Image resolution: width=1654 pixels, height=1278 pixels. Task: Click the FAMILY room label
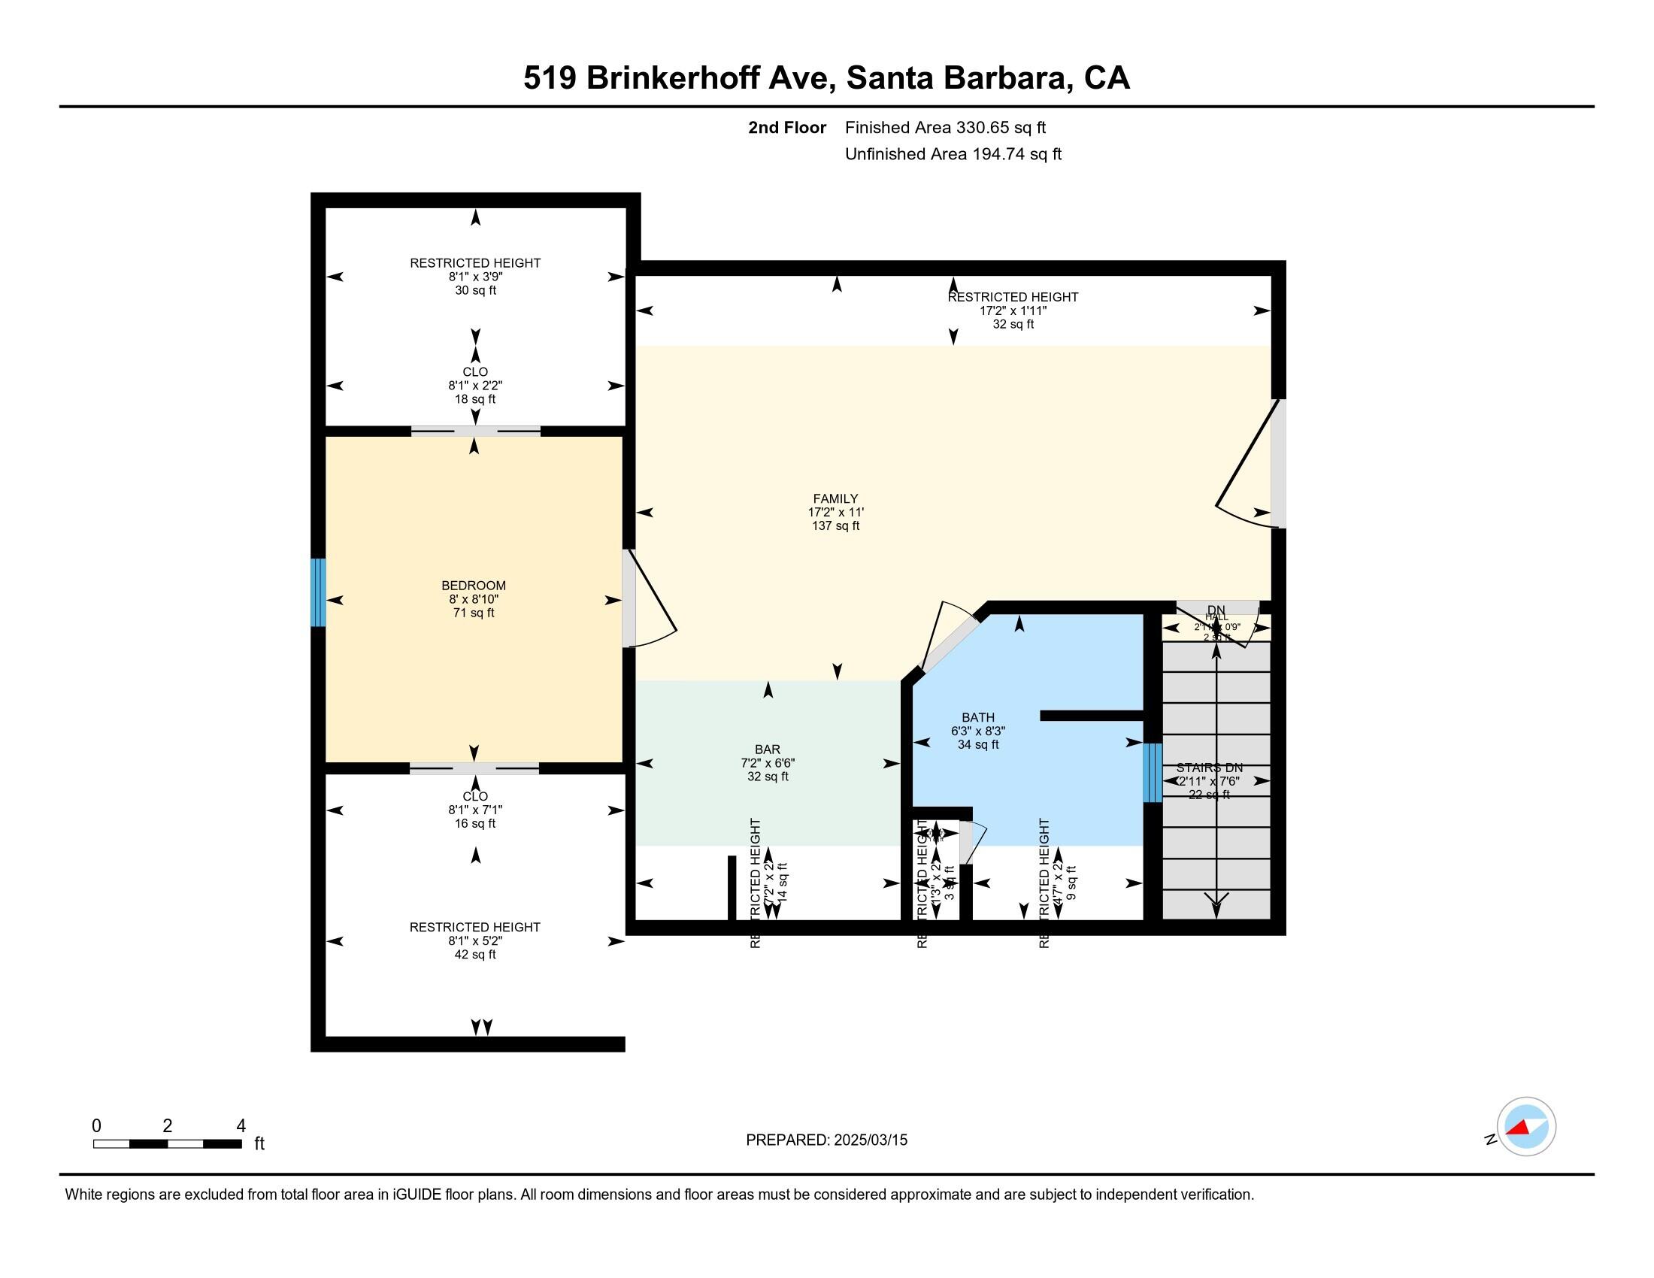point(835,498)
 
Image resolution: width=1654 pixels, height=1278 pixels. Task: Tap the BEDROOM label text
point(474,585)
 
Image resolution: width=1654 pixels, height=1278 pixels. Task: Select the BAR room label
point(767,750)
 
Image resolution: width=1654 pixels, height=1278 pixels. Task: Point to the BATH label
point(977,717)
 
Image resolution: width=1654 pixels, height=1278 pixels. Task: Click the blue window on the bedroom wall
point(319,592)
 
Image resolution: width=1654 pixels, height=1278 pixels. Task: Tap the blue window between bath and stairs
point(1151,772)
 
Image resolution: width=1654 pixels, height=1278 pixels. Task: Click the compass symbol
point(1526,1126)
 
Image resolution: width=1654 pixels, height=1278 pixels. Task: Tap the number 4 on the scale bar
point(241,1126)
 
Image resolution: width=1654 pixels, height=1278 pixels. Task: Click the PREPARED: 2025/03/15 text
point(826,1140)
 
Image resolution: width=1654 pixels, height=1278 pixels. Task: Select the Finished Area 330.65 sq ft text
point(945,127)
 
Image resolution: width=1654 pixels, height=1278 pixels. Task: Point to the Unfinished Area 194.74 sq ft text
point(953,153)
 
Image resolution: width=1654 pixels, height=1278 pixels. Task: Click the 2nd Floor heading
point(787,127)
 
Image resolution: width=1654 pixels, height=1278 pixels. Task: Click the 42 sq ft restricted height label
point(475,954)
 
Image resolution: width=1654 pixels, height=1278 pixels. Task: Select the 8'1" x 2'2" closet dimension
point(475,386)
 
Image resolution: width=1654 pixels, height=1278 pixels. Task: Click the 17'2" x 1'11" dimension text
point(1013,310)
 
